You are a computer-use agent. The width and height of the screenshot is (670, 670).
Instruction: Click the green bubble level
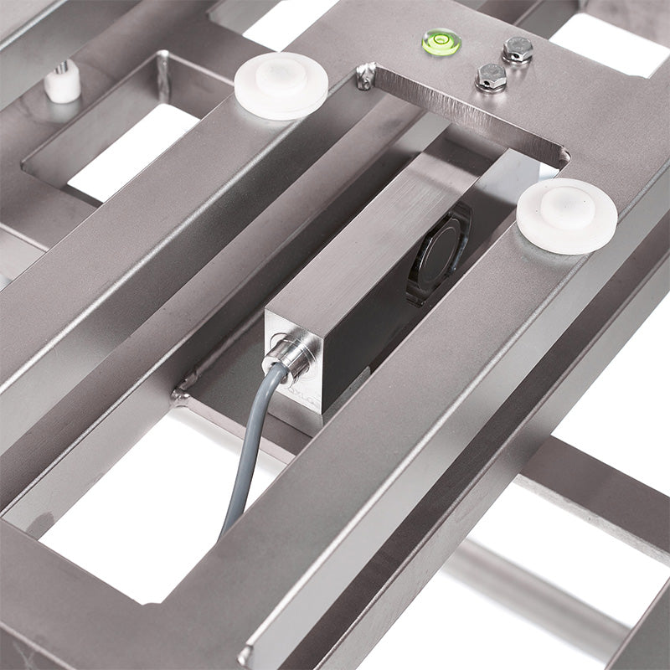pyautogui.click(x=441, y=41)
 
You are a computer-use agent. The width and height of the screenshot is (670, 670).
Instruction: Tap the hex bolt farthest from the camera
pyautogui.click(x=518, y=49)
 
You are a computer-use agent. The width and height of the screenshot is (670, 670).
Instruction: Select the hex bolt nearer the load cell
pyautogui.click(x=492, y=77)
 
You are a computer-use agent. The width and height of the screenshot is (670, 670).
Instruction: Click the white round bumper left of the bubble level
pyautogui.click(x=281, y=85)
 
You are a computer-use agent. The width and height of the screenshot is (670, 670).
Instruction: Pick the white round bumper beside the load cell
pyautogui.click(x=566, y=214)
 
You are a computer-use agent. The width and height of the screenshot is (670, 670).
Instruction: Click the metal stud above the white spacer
pyautogui.click(x=62, y=67)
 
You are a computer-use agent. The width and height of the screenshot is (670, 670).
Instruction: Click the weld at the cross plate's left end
pyautogui.click(x=181, y=391)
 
